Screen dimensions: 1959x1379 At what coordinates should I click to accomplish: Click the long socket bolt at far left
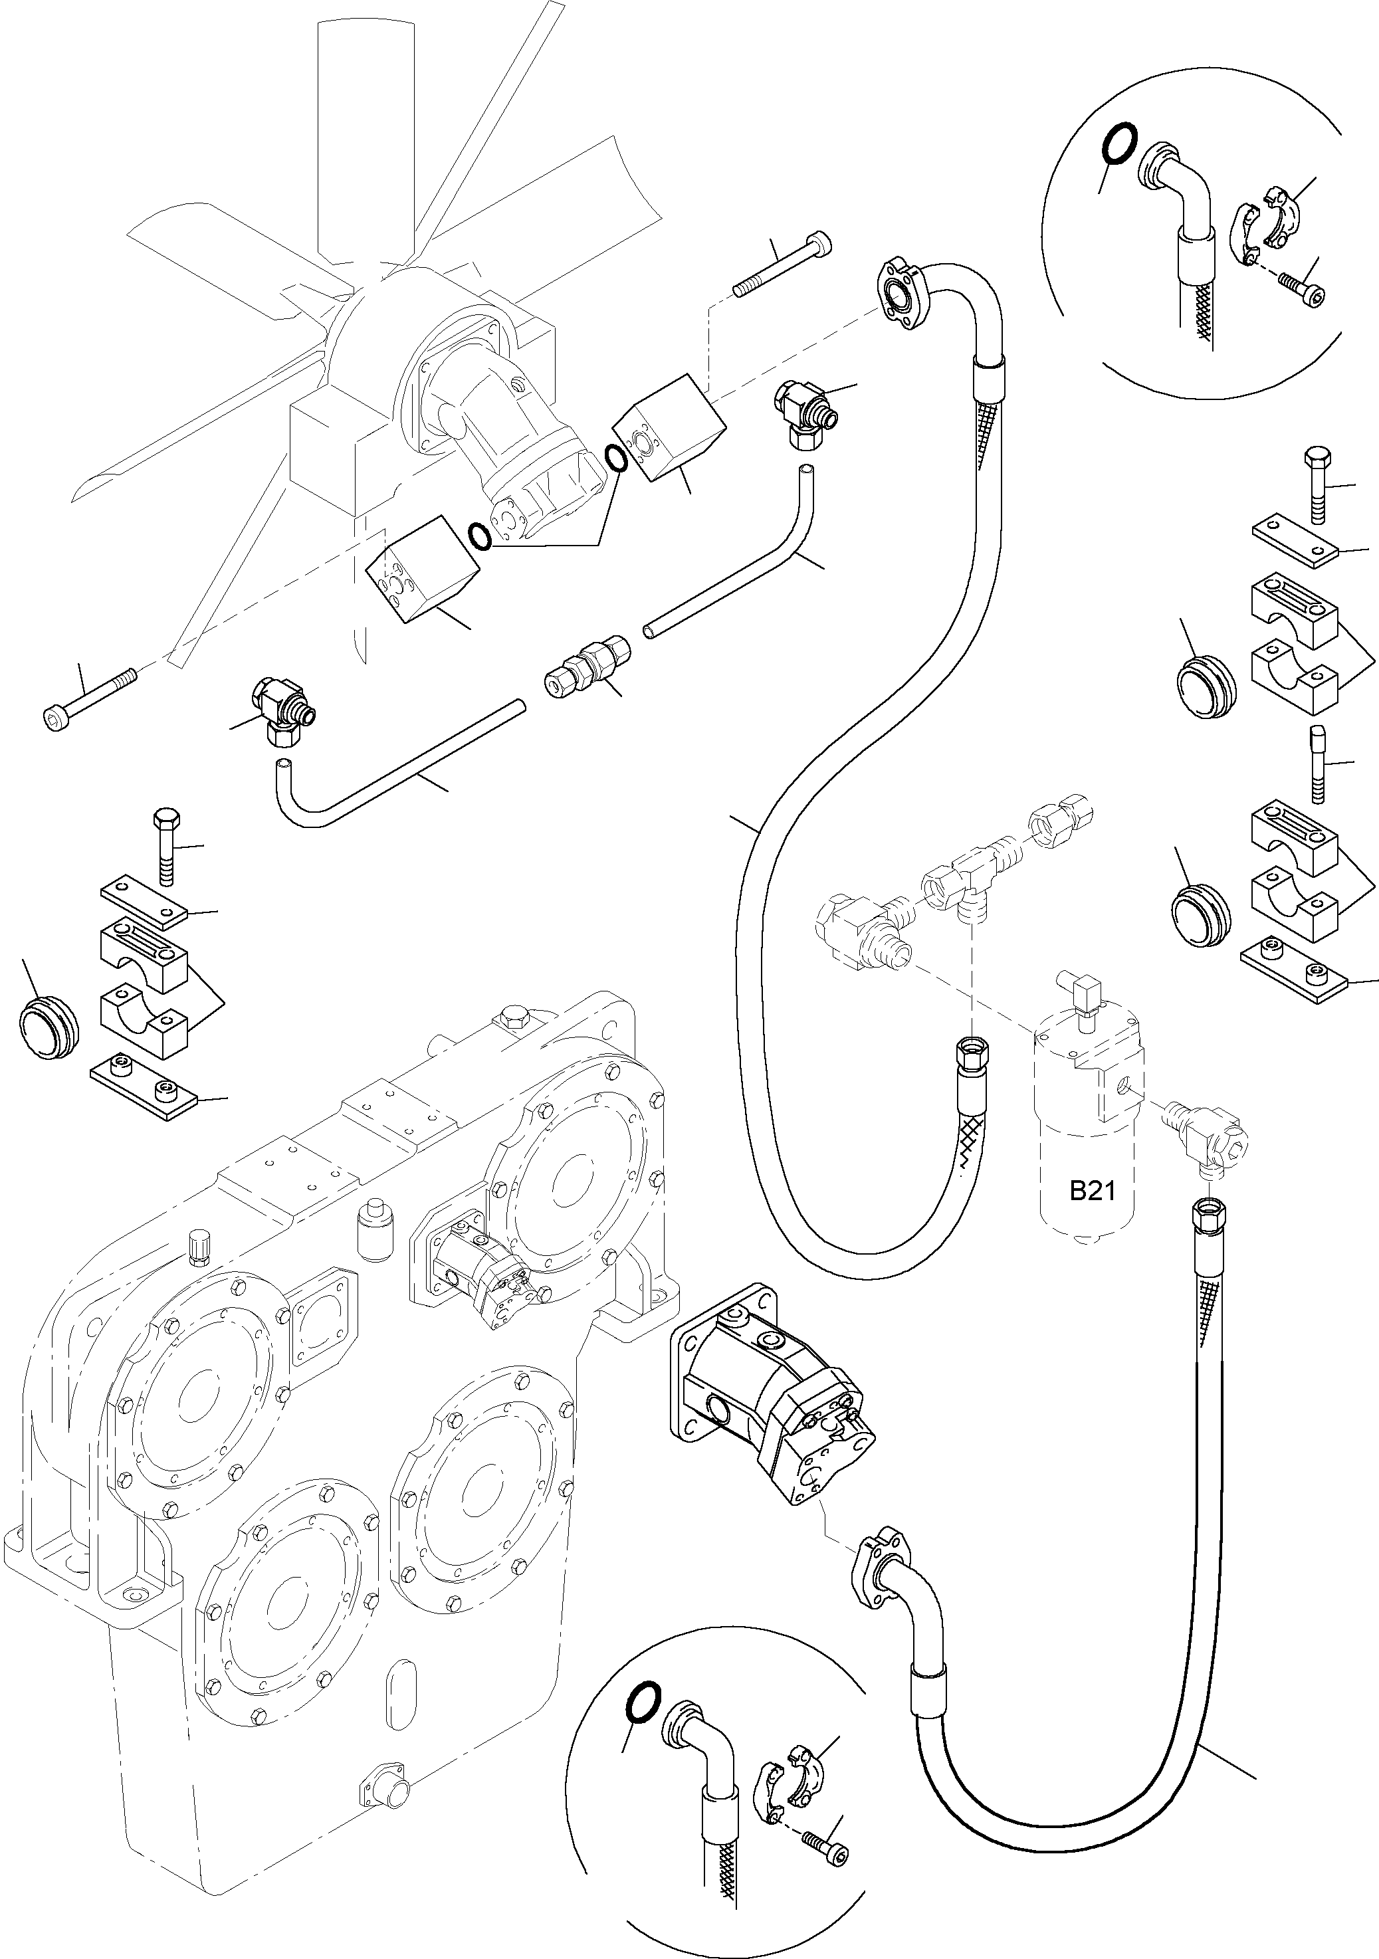pyautogui.click(x=89, y=698)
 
